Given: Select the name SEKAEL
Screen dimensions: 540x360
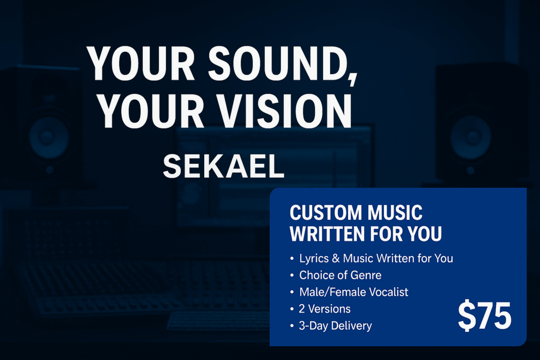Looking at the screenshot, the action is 224,167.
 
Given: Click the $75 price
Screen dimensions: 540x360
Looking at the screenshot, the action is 485,316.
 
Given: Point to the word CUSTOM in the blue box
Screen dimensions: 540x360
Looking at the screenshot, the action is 325,212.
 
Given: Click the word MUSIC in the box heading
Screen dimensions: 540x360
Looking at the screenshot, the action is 394,212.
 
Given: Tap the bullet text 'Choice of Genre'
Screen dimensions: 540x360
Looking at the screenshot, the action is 340,275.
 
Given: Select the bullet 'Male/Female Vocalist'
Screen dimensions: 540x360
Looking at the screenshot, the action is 354,292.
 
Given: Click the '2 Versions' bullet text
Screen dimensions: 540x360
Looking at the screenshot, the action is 324,309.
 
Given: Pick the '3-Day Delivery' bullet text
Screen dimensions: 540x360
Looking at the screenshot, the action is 335,326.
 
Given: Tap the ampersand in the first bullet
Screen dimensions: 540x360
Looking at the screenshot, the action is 336,258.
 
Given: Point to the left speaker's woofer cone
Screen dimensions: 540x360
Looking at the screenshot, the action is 49,137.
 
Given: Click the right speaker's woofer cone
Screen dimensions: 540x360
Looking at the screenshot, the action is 470,137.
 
